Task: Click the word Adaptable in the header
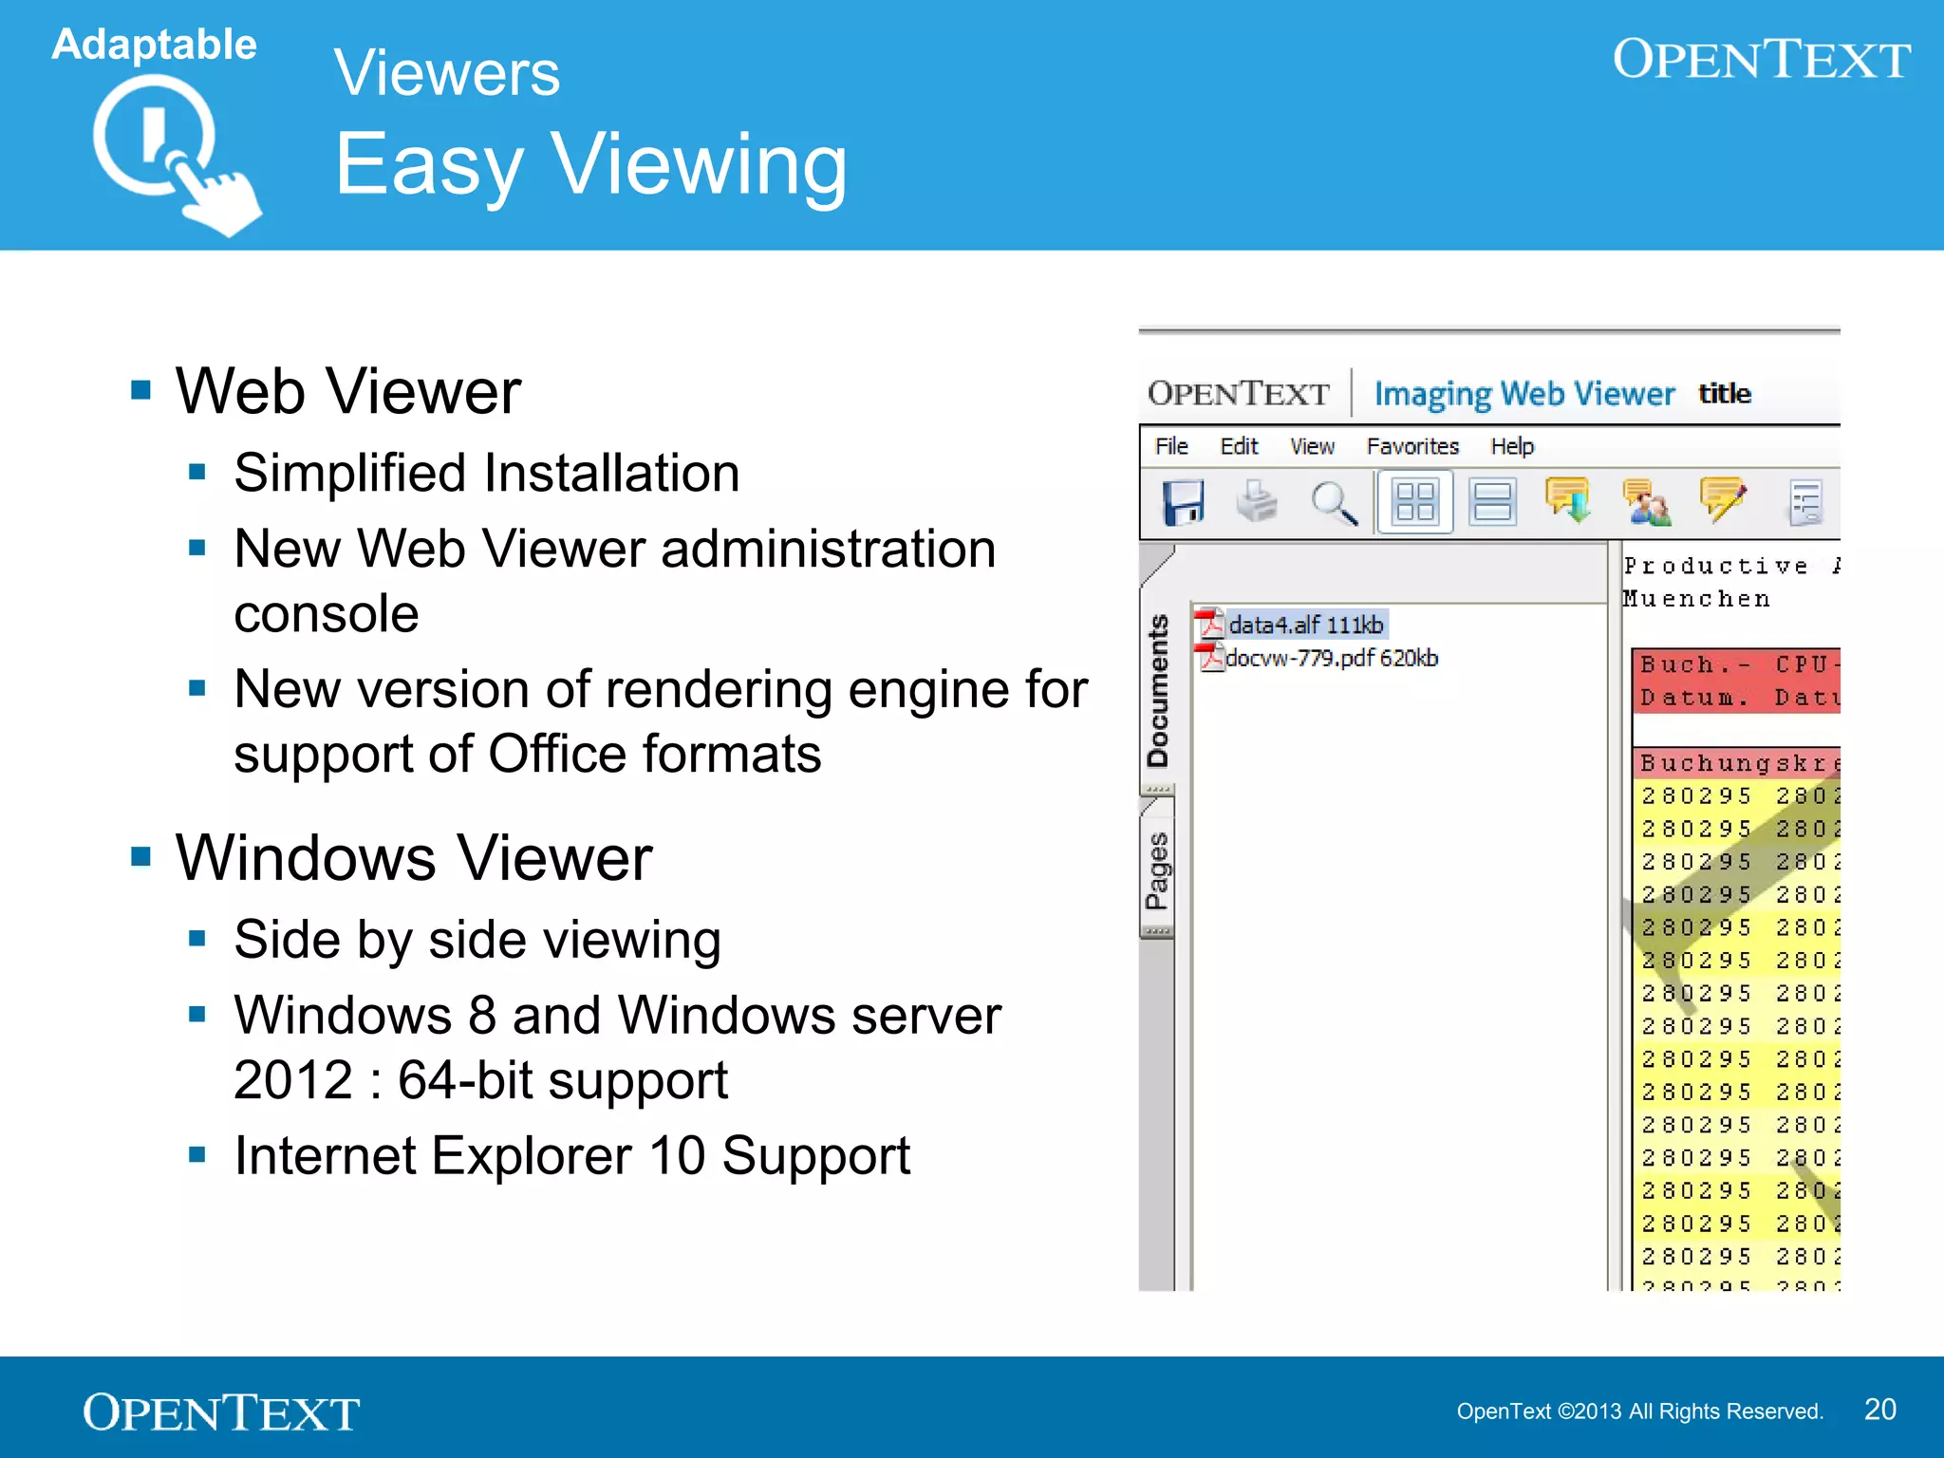tap(154, 45)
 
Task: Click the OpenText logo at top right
tap(1761, 59)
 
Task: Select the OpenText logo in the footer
tap(221, 1412)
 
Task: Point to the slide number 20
tap(1879, 1410)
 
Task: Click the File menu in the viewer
tap(1171, 446)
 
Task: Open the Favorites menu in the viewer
tap(1412, 446)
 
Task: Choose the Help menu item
tap(1512, 446)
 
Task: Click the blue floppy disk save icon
tap(1183, 502)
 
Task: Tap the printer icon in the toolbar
tap(1258, 501)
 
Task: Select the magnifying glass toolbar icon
tap(1334, 503)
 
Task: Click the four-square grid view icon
tap(1414, 502)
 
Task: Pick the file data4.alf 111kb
tap(1304, 625)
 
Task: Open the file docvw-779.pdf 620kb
tap(1331, 658)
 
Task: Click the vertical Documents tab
tap(1158, 690)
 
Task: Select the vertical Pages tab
tap(1157, 870)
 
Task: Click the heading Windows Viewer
tap(414, 858)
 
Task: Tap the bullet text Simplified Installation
tap(486, 473)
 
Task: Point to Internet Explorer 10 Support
tap(571, 1156)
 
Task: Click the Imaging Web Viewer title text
tap(1523, 394)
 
